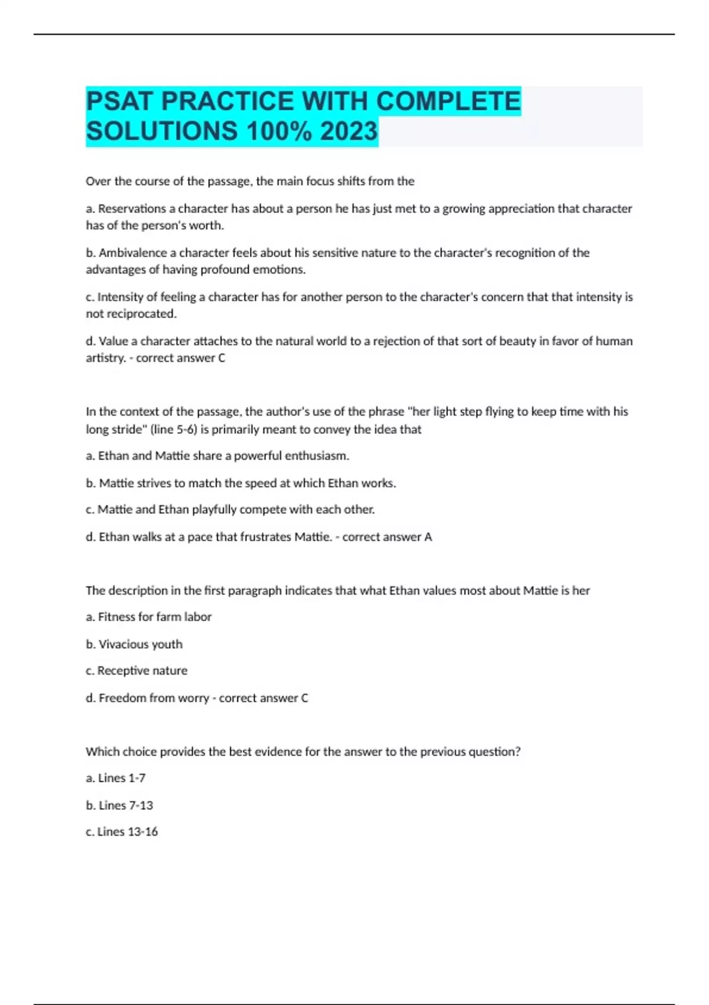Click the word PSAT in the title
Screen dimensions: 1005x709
pos(120,101)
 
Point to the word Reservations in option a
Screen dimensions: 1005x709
pos(132,209)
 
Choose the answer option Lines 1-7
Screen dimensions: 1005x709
pos(121,778)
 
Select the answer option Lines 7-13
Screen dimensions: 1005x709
pos(125,805)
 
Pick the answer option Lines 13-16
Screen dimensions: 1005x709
pos(127,832)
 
